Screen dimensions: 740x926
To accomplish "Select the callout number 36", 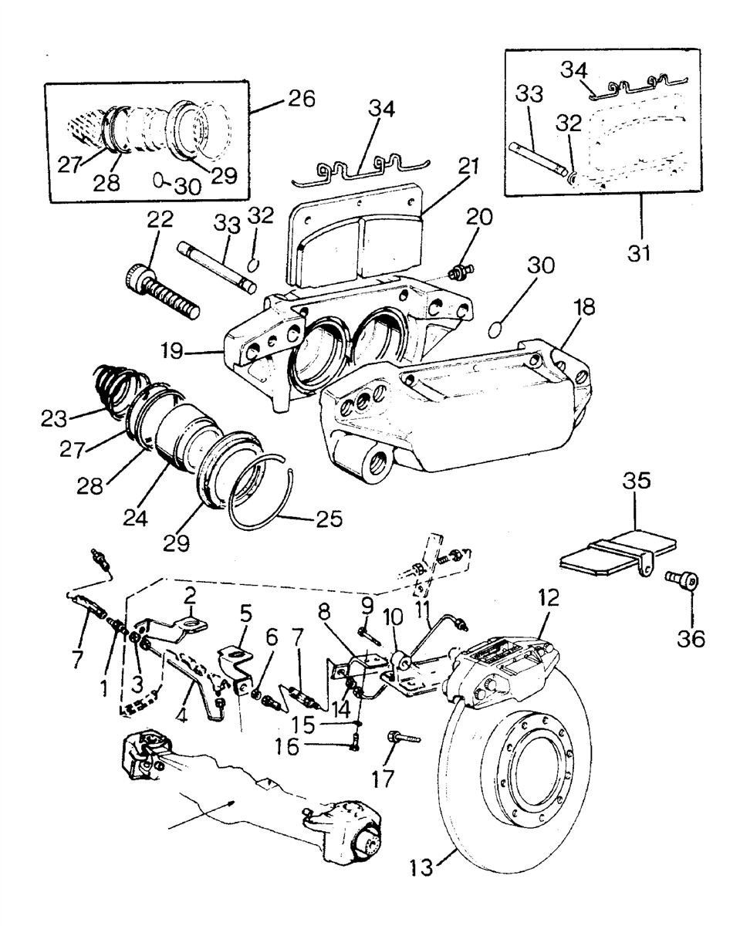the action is pos(691,639).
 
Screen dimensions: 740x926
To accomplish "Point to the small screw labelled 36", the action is pos(681,581).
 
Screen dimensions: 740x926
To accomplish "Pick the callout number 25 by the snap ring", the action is pos(329,519).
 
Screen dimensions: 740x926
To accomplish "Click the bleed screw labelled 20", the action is pos(461,272).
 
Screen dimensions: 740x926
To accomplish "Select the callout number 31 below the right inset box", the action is pos(639,254).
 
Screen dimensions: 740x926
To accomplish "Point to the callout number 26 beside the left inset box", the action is pos(302,99).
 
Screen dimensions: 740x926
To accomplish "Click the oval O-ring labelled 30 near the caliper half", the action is pos(495,330).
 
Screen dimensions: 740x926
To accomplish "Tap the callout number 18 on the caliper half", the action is pos(584,307).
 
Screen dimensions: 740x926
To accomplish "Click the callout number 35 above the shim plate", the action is pos(637,481).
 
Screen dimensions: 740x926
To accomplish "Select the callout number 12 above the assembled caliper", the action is pos(548,598).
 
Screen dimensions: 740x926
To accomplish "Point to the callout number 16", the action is pos(287,748).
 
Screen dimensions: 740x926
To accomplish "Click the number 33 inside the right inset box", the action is pos(529,93).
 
